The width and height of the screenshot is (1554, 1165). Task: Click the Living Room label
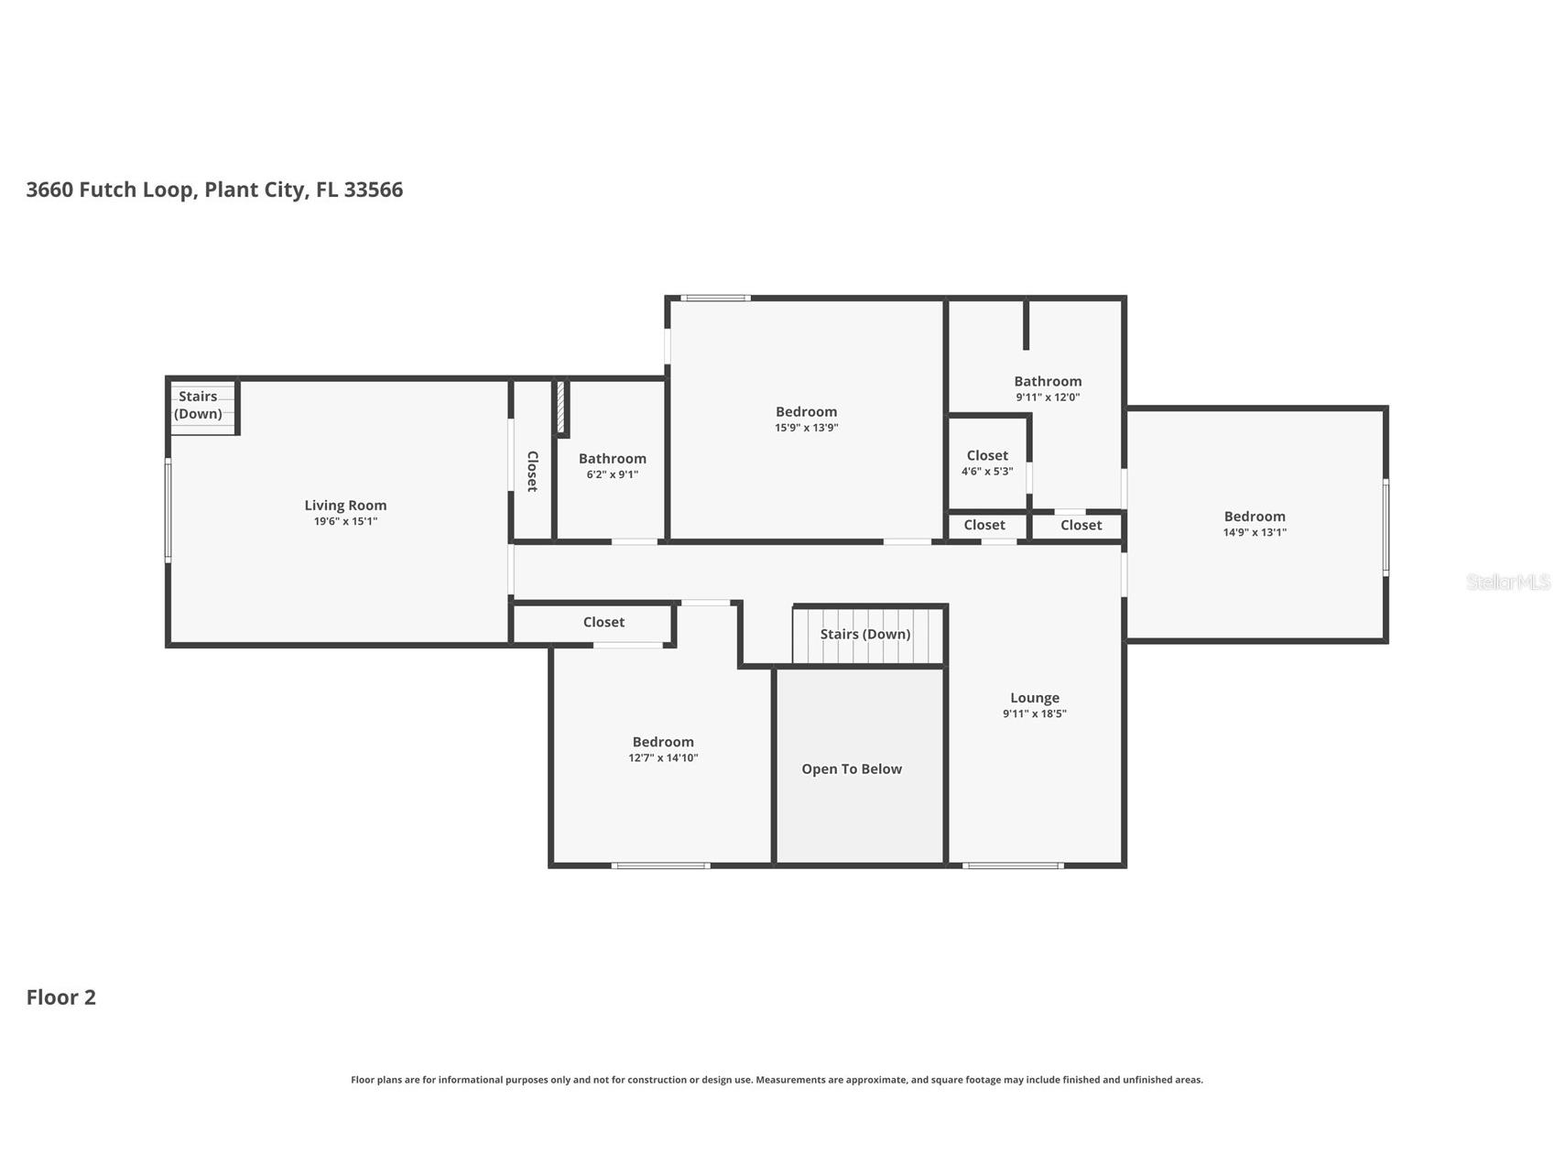[345, 505]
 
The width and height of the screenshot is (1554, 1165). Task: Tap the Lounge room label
[1035, 697]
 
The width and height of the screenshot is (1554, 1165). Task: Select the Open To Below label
[852, 768]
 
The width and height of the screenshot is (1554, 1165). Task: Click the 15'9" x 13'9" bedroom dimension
[806, 428]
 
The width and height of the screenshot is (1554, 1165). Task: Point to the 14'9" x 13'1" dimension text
[1255, 532]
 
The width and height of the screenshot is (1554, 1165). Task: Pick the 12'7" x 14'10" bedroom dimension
[663, 757]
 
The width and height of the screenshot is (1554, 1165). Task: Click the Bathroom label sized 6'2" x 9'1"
[613, 458]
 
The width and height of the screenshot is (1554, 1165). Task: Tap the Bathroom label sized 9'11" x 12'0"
[1048, 381]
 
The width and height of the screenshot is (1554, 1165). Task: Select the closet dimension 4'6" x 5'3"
[987, 472]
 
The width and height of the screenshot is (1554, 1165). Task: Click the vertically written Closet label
[532, 471]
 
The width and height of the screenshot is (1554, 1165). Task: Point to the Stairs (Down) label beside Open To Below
[865, 634]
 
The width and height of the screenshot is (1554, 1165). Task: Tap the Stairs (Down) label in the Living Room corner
[198, 405]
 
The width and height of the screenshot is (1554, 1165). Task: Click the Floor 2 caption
[60, 997]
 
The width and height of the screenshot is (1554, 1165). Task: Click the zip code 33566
[374, 190]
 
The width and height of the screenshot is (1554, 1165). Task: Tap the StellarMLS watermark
[1508, 582]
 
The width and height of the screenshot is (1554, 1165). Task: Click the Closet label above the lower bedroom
[603, 622]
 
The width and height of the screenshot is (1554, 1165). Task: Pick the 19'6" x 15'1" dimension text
[345, 521]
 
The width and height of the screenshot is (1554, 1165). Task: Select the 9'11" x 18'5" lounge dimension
[1035, 713]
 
